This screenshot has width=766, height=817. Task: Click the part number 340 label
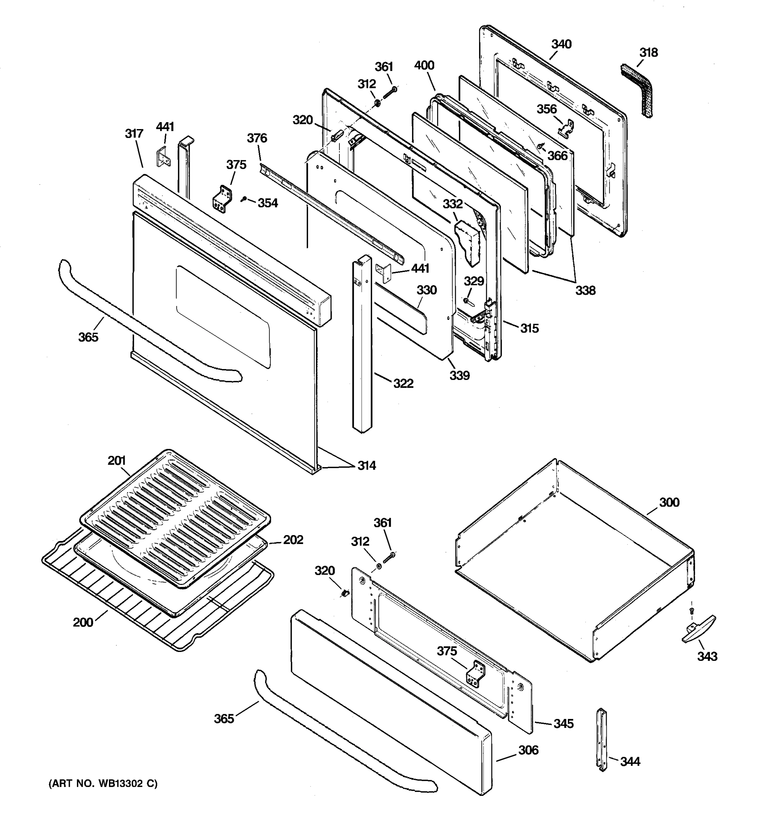coord(561,44)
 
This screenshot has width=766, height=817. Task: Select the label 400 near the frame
coord(424,65)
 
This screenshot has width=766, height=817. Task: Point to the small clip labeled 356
coord(566,127)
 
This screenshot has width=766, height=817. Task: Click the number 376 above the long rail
coord(257,138)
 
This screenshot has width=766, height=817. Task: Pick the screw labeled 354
coord(245,199)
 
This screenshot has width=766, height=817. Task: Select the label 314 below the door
coord(366,465)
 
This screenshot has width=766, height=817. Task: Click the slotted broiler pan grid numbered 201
coord(175,518)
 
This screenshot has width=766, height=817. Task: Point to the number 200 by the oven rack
coord(83,622)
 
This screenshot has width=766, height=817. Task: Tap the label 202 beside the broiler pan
coord(293,540)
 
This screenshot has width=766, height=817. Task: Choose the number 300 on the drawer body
coord(669,502)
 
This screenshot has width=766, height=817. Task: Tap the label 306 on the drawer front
coord(528,750)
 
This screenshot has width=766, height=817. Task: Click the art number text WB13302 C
coord(103,784)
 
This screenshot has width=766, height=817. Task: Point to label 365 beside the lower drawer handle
coord(224,718)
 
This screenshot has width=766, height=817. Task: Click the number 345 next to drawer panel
coord(563,723)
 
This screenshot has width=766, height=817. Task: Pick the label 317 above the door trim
coord(134,133)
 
